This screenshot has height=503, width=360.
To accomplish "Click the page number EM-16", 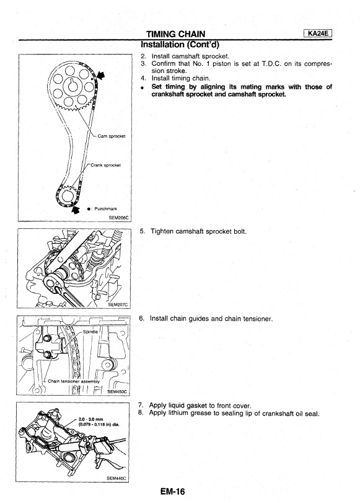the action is (x=173, y=491).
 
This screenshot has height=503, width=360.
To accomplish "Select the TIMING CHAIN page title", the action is (x=175, y=34).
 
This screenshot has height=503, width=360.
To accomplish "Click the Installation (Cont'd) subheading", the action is (x=180, y=44).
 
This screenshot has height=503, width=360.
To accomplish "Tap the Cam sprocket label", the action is (x=112, y=136).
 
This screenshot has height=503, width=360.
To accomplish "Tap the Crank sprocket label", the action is (x=106, y=165).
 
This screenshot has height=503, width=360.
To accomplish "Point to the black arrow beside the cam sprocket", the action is (x=100, y=76).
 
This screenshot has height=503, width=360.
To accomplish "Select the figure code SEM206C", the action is (x=118, y=218).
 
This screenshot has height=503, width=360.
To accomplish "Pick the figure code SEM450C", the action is (x=116, y=391).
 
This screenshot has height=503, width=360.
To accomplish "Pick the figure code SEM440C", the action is (x=116, y=478).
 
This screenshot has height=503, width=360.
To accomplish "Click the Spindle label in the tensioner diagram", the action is (x=90, y=331).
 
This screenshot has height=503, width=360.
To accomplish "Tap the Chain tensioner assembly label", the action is (x=74, y=381).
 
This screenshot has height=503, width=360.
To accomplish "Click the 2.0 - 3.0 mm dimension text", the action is (x=90, y=419).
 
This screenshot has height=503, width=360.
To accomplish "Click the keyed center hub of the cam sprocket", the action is (x=71, y=86).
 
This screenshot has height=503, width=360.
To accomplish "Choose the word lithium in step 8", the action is (x=178, y=413).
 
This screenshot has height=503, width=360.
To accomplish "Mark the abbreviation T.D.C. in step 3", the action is (x=271, y=63).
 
